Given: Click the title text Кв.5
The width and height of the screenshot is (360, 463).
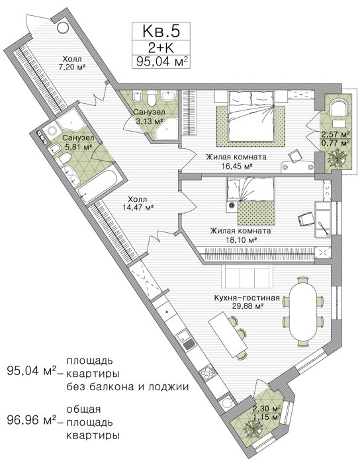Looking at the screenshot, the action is (161, 31).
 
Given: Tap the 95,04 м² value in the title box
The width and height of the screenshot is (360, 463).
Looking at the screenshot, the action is (161, 62).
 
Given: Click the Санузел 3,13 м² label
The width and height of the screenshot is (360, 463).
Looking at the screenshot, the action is (148, 116).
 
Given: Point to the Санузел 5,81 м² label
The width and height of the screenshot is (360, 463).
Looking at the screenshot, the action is (78, 142).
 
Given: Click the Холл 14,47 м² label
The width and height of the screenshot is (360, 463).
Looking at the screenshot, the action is (138, 204).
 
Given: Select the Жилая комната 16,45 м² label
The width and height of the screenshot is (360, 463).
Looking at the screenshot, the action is (236, 161).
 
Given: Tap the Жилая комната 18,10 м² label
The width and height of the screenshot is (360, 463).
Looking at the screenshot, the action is (240, 235).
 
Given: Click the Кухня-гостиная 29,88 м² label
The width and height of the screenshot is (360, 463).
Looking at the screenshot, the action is (247, 302).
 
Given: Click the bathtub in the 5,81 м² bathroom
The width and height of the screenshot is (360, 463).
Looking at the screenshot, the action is (99, 186).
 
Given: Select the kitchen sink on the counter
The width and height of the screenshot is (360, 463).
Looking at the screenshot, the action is (186, 339).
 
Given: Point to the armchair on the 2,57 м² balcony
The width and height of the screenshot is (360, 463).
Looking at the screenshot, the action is (337, 108).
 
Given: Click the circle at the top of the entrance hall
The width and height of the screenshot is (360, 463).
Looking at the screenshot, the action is (63, 28).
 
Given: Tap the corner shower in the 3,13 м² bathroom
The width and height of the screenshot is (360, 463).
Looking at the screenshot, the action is (166, 129).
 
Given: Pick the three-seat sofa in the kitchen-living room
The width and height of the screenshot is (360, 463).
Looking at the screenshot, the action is (247, 276).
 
